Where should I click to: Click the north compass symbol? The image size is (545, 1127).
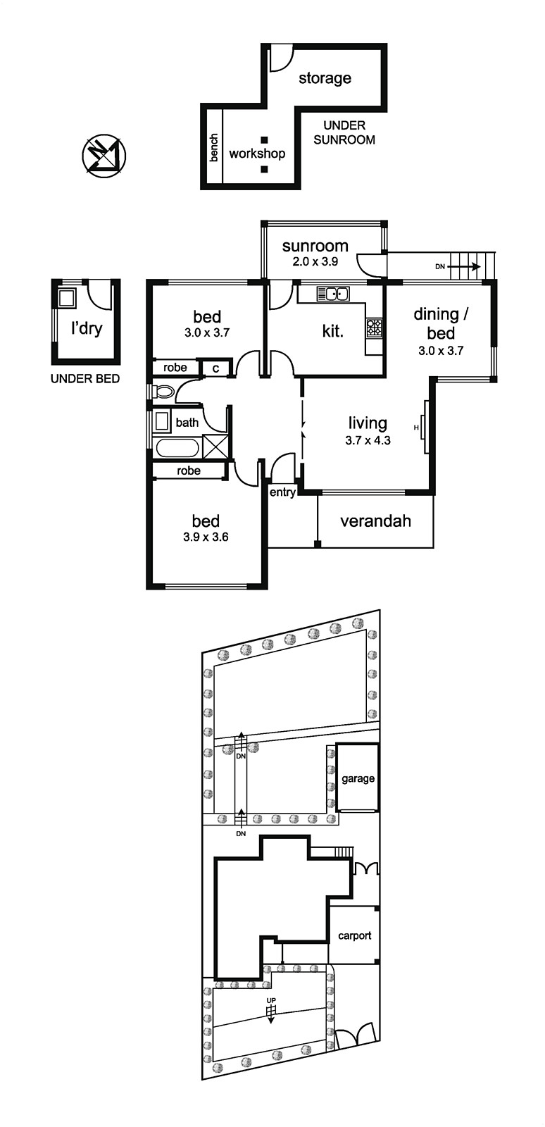point(104,156)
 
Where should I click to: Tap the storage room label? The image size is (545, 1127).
point(325,78)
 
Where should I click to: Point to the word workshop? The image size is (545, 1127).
point(257,154)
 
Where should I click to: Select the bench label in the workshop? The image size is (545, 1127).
point(214,147)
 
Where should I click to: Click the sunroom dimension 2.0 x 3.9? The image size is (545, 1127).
point(315,261)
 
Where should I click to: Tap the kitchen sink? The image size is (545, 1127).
point(333,293)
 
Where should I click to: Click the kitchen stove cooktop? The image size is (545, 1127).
point(375,328)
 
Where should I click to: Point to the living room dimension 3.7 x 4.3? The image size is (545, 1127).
point(368,441)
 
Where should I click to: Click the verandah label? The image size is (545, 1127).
point(375,521)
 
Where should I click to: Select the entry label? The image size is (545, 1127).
point(282,492)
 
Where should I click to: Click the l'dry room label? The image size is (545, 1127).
point(87,328)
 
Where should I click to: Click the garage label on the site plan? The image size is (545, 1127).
point(358,779)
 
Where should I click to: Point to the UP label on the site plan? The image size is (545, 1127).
point(271,1000)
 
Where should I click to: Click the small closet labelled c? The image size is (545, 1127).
point(215,368)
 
